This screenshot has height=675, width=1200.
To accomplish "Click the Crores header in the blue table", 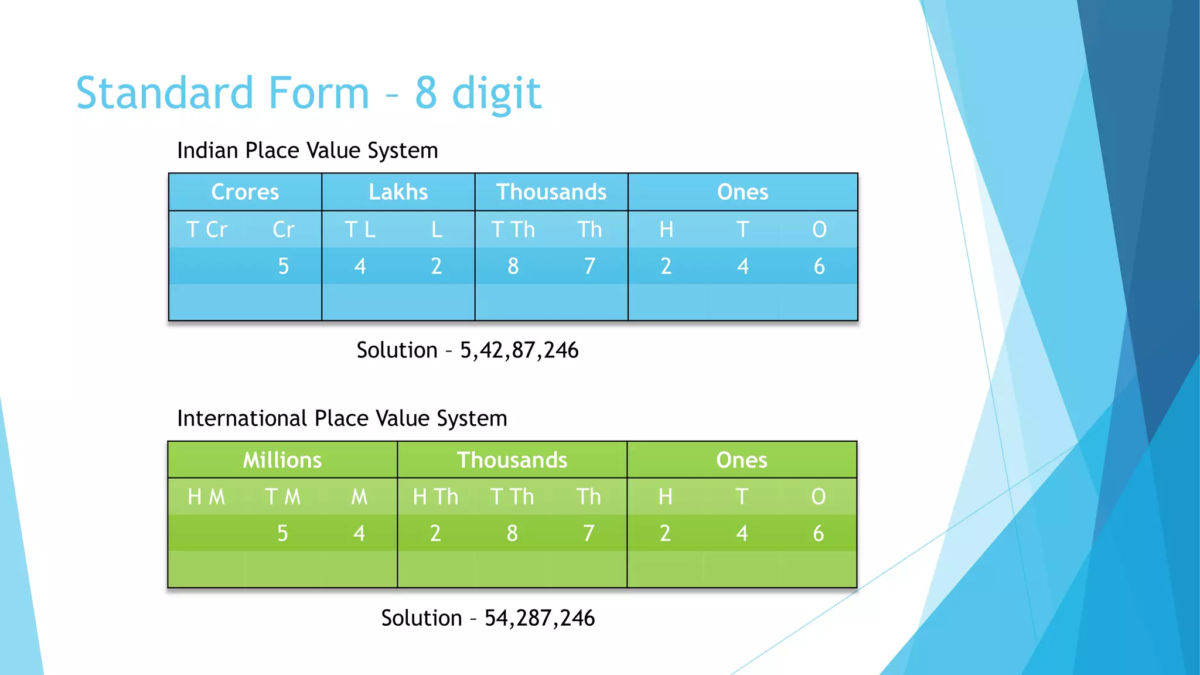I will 245,192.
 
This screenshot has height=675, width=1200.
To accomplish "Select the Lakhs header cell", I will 398,192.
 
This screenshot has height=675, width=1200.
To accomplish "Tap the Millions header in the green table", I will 282,460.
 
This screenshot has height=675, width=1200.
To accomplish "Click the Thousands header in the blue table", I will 551,192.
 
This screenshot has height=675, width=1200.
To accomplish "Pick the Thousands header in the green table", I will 512,460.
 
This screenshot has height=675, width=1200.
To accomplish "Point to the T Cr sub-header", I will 206,230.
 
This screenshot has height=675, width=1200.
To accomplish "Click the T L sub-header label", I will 360,230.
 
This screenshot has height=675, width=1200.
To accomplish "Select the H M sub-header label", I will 206,497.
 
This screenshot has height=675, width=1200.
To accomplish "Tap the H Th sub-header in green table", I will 435,497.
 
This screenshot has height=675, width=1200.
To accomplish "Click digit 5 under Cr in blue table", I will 283,266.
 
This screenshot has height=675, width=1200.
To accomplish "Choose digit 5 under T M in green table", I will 282,533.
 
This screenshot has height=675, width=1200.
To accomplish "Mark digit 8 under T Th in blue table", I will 513,266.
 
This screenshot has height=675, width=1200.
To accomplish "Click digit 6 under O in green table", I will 818,533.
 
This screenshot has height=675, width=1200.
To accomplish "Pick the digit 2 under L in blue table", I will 436,266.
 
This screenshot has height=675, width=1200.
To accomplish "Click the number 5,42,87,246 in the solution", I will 519,350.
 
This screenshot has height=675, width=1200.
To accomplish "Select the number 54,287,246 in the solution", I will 539,618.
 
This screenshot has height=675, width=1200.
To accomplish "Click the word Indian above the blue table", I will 208,151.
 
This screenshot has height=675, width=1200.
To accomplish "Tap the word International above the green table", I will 242,418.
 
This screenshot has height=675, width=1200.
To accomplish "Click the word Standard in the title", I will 165,93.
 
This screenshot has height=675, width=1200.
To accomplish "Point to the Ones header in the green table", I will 741,460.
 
